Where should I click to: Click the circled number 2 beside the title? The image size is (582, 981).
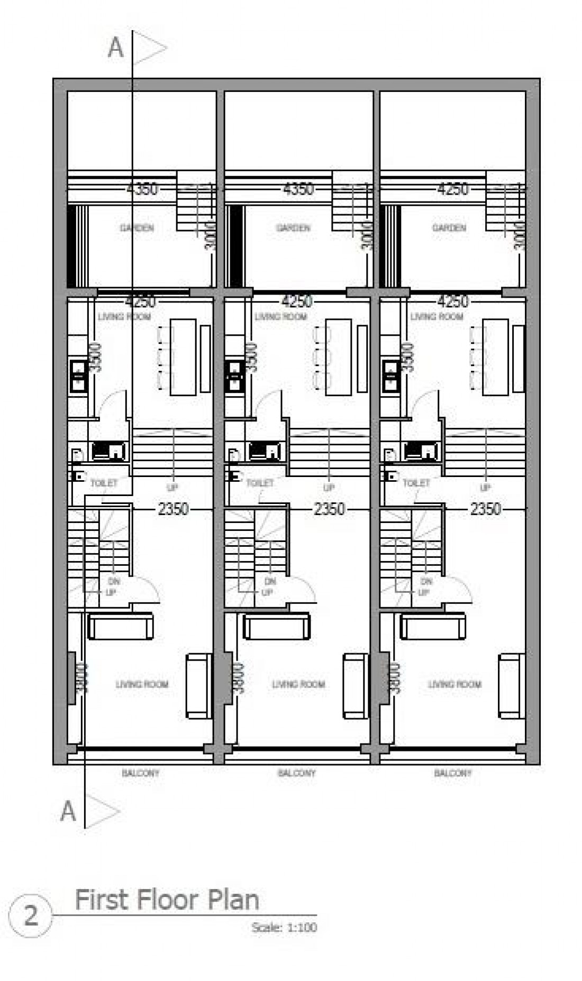pos(31,916)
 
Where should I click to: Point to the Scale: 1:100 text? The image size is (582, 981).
pos(284,927)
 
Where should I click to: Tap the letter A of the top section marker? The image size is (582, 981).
pos(115,48)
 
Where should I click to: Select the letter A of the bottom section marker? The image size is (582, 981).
pos(68,811)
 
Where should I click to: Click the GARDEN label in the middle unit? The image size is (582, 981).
pos(293,228)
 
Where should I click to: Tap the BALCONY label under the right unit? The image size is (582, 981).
pos(452,773)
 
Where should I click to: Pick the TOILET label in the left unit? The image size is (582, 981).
pos(104,483)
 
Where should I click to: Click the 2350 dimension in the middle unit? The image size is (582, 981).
pos(329,509)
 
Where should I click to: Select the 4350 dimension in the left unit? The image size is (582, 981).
pos(142,188)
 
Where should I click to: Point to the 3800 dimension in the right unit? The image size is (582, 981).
pos(395,677)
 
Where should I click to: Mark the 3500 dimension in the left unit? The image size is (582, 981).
pos(95,357)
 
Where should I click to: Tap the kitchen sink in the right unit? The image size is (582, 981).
pos(392,375)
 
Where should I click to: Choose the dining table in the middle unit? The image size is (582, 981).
pos(339,357)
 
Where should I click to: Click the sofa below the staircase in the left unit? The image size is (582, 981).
pos(121,626)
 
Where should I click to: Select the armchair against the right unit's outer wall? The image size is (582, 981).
pos(512,686)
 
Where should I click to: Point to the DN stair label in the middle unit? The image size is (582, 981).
pos(270,581)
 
